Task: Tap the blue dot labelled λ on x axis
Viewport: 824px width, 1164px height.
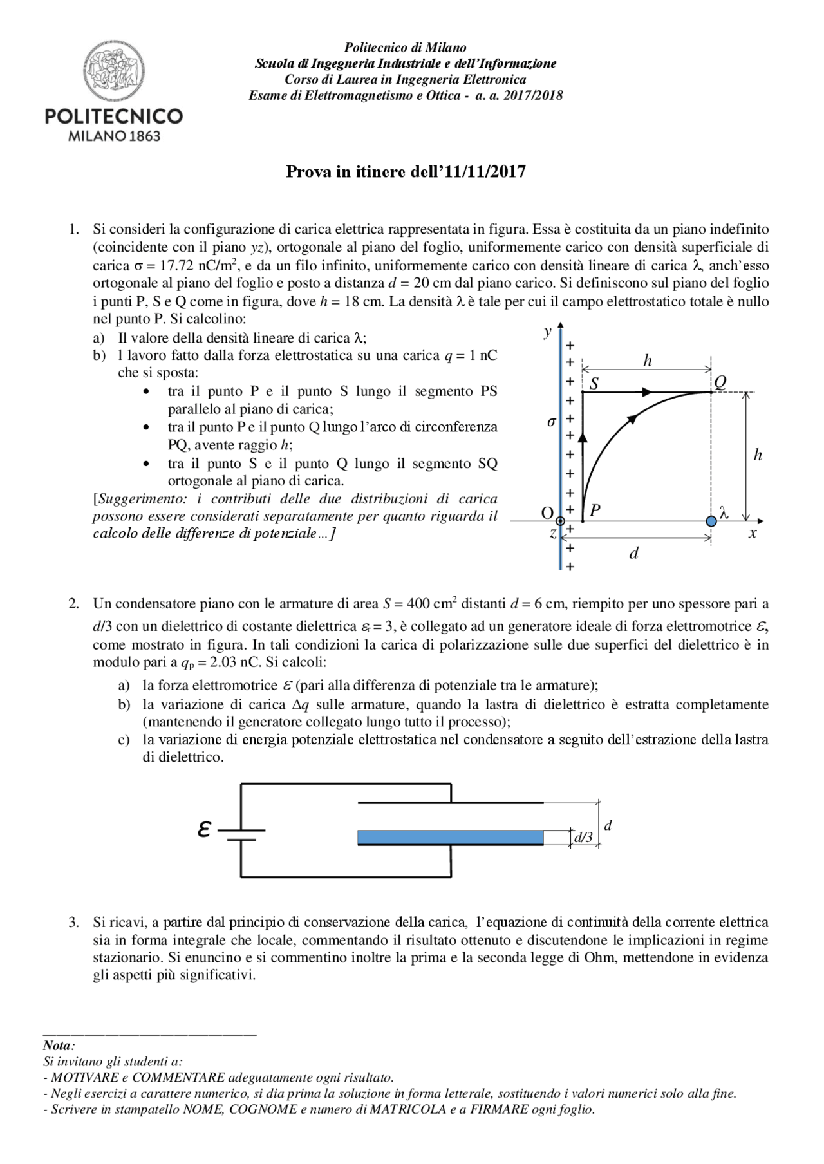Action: (711, 521)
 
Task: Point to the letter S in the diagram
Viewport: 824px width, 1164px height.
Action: (594, 384)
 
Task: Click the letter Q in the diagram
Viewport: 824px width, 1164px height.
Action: (720, 382)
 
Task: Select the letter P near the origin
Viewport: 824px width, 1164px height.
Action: (595, 511)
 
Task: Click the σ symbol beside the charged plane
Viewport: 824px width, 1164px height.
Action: (551, 422)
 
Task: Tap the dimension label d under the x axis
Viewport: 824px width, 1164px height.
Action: (633, 553)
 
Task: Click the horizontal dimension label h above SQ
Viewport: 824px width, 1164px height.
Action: (648, 361)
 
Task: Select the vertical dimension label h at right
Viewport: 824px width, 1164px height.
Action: (758, 455)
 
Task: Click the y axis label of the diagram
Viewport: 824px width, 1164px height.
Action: (548, 331)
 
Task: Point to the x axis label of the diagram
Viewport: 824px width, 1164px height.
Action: (753, 533)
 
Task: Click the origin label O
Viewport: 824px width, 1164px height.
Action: (547, 513)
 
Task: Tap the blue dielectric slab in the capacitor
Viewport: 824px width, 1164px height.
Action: (451, 837)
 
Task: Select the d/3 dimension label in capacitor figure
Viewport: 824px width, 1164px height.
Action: (584, 837)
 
